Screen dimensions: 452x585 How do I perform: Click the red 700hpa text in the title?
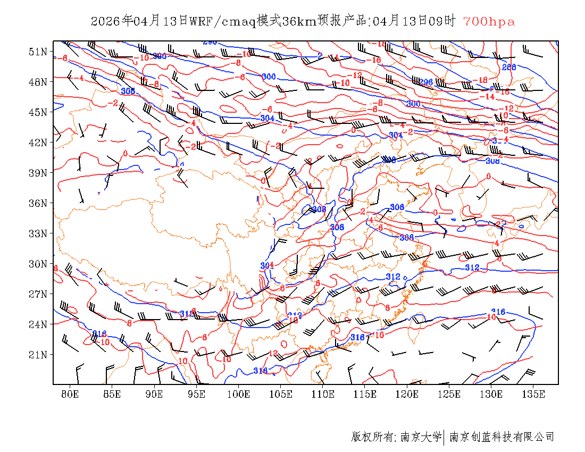point(489,22)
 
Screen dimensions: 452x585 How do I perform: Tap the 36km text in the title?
point(299,22)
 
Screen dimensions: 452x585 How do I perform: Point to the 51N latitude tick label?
point(38,52)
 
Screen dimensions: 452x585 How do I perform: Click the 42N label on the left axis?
point(38,143)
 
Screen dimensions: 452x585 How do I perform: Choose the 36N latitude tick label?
point(38,203)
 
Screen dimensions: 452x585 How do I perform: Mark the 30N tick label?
point(38,264)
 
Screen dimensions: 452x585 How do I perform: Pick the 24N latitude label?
point(38,324)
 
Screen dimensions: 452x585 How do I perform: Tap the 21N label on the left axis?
point(38,355)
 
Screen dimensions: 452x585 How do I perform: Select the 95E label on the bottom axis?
point(196,394)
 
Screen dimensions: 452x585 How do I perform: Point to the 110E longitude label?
point(323,394)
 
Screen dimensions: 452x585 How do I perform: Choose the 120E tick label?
point(407,394)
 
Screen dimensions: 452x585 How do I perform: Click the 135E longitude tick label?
point(534,394)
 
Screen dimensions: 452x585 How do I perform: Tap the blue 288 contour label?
point(509,67)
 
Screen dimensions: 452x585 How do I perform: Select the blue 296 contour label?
point(426,82)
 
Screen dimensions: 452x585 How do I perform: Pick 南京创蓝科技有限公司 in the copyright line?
point(502,437)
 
